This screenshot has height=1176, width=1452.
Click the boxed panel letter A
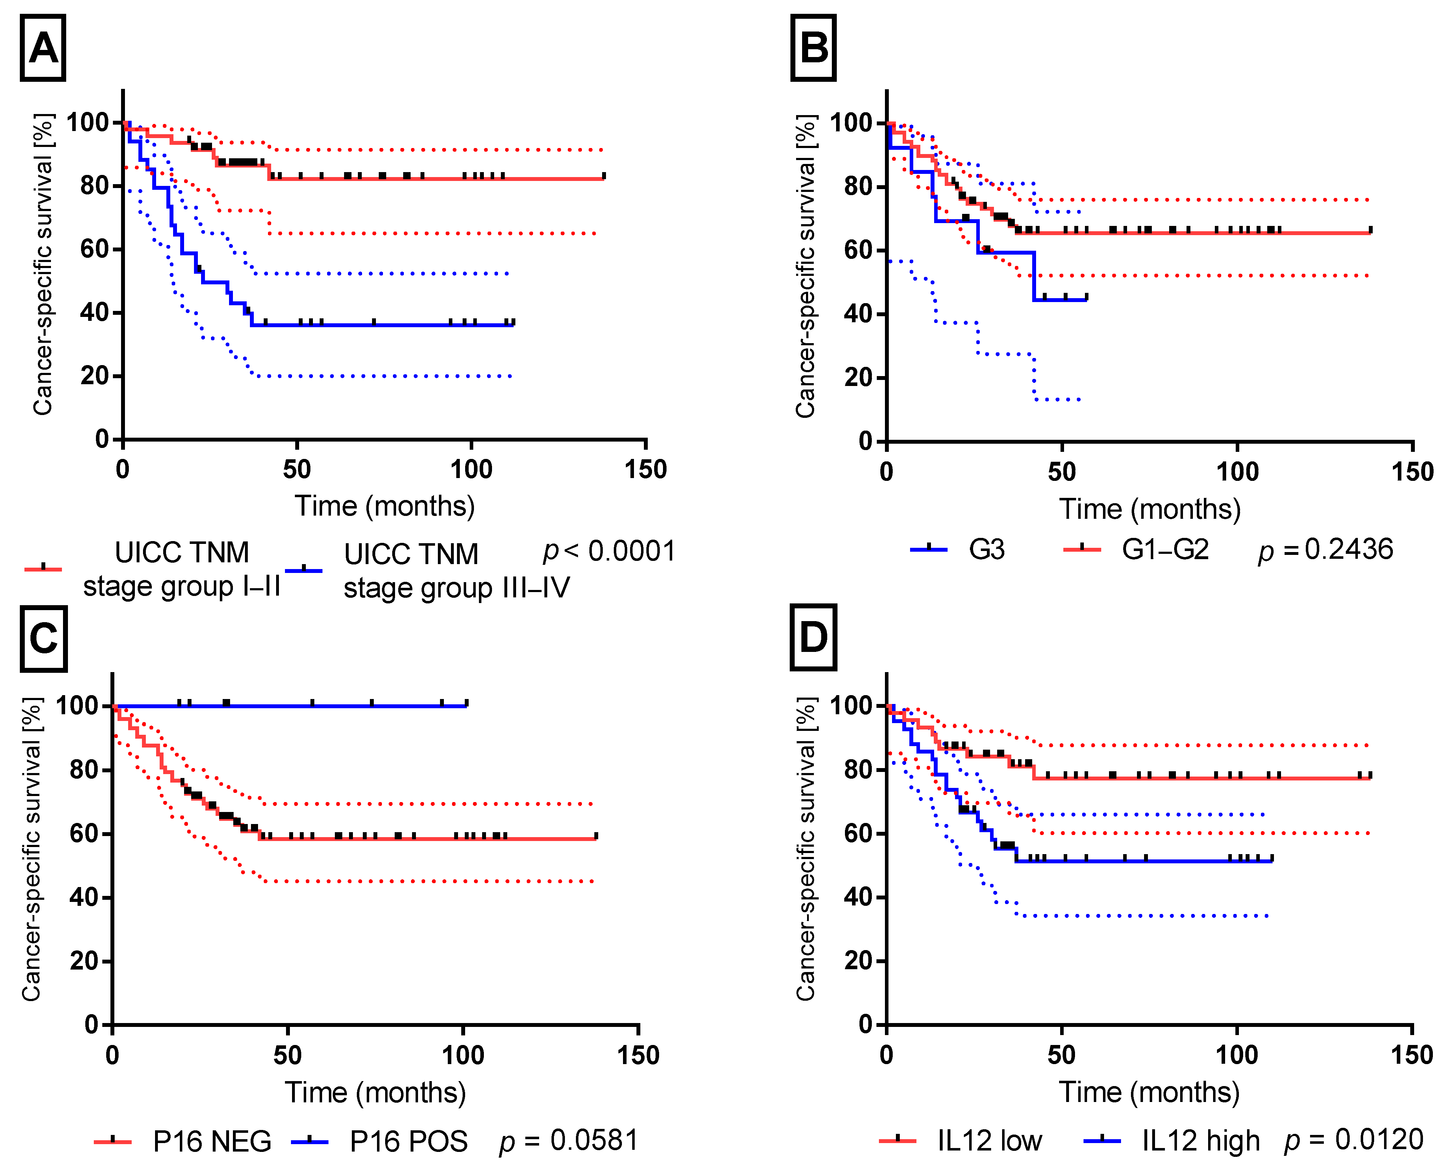(43, 48)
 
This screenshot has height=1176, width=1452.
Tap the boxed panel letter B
(813, 48)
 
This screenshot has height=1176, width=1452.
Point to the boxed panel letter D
(813, 637)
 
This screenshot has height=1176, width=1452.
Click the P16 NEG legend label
(212, 1141)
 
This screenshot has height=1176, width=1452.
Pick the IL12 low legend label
(989, 1141)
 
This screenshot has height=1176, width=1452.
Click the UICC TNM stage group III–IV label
(457, 571)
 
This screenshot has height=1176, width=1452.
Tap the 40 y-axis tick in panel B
(858, 314)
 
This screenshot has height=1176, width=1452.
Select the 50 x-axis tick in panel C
(287, 1055)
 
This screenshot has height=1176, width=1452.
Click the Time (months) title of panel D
(1149, 1093)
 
